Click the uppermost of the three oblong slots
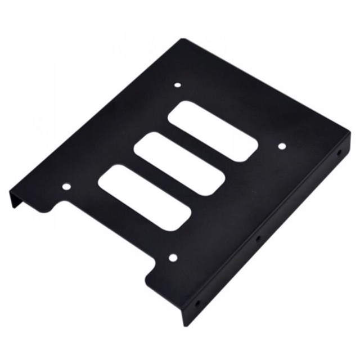[213, 130]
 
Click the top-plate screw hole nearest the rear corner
[178, 85]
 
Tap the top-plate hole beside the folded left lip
[66, 186]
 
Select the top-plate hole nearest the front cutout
[173, 258]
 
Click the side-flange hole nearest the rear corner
[339, 152]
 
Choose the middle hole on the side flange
[258, 238]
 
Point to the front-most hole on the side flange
[197, 304]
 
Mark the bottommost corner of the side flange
[183, 326]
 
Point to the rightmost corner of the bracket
[349, 135]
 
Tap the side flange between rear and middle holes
[298, 197]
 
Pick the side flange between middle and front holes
[228, 271]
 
